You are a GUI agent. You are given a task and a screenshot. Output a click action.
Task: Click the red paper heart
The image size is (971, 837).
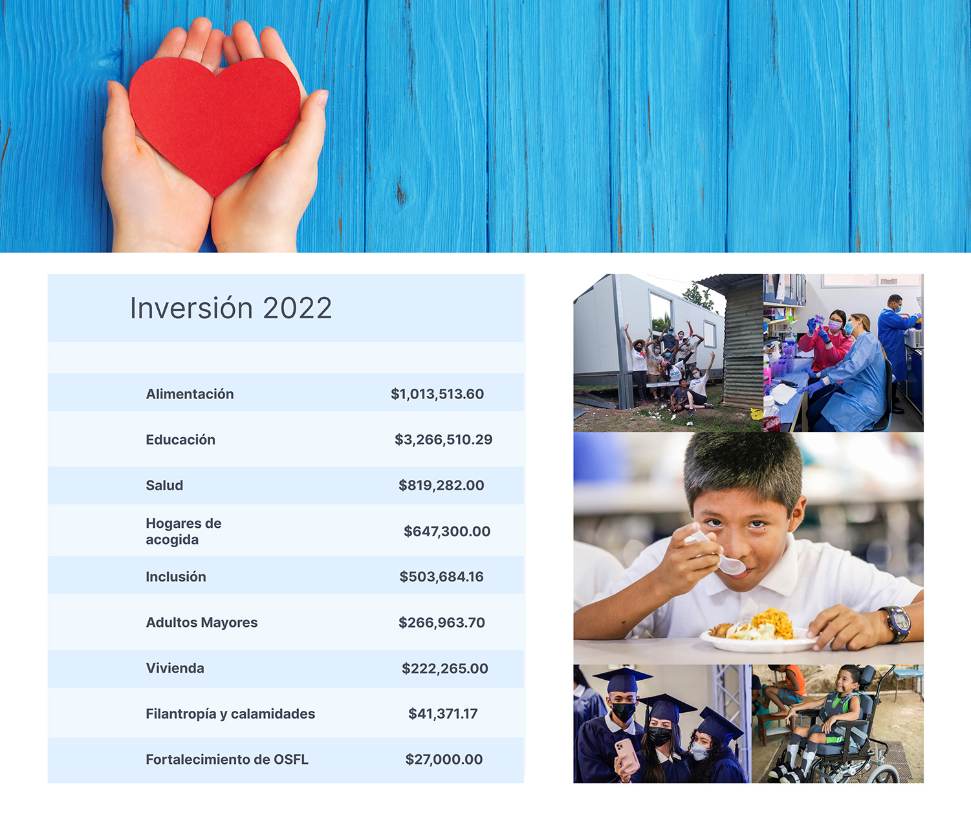(x=215, y=123)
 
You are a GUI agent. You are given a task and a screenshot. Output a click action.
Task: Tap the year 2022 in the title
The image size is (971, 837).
(x=297, y=309)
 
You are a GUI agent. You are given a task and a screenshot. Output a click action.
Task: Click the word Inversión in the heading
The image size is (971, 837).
(x=191, y=308)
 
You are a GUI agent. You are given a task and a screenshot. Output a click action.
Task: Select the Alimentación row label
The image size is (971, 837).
(x=190, y=394)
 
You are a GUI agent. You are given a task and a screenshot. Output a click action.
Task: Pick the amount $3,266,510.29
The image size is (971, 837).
(x=444, y=440)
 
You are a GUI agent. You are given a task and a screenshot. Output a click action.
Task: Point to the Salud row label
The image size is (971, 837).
(x=164, y=485)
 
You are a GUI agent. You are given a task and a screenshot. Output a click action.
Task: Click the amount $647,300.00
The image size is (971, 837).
(x=447, y=531)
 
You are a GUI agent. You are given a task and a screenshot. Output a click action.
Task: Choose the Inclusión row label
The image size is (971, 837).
(x=176, y=577)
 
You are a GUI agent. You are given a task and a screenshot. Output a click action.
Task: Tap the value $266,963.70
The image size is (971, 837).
(x=442, y=622)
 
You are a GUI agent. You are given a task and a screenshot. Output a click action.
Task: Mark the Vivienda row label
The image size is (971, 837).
(x=175, y=668)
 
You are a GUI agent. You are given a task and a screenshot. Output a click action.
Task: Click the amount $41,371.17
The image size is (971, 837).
(x=443, y=714)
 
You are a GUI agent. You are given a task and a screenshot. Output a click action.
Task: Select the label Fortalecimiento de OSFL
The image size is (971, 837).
(x=227, y=759)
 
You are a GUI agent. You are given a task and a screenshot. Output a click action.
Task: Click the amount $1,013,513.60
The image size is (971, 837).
(x=437, y=394)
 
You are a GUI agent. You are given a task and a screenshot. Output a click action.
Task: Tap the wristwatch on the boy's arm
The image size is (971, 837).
(x=895, y=624)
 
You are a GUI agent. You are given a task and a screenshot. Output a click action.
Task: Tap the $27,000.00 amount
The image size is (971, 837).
(x=444, y=759)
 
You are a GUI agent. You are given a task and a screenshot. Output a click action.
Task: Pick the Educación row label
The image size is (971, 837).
(x=180, y=440)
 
